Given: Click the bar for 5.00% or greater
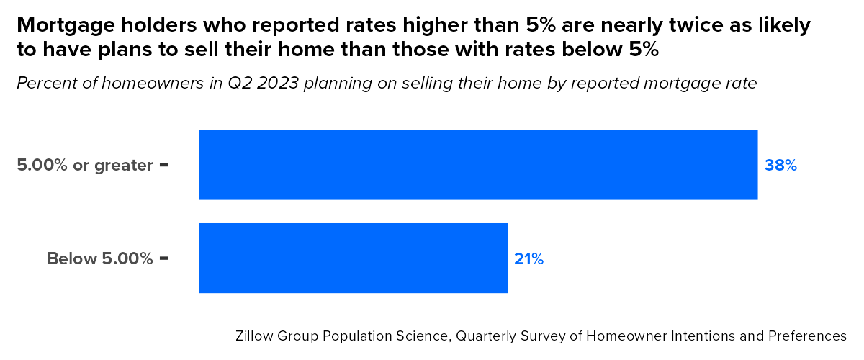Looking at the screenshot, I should [x=478, y=164].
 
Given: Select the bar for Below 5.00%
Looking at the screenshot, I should [x=353, y=258].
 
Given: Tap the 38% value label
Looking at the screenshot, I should [x=780, y=166].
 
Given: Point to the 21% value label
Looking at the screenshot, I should [x=528, y=259].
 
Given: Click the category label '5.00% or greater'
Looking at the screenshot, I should [x=85, y=166].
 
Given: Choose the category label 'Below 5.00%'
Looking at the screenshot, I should [x=100, y=258].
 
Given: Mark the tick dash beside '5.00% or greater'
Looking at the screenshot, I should [x=164, y=165].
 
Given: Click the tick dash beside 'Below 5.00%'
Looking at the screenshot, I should [x=164, y=258].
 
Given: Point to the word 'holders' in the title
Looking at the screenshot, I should [x=137, y=25].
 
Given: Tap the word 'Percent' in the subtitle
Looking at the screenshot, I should [x=44, y=83].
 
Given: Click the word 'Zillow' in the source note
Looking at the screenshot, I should [x=253, y=336].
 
